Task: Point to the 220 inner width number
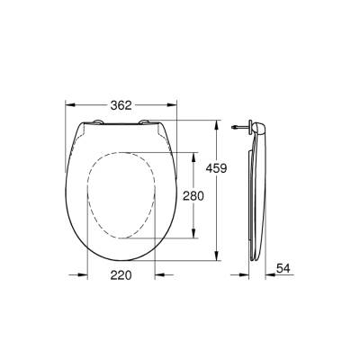(x=121, y=275)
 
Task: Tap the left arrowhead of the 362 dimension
(x=67, y=105)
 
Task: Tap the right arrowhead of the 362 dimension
(x=176, y=105)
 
